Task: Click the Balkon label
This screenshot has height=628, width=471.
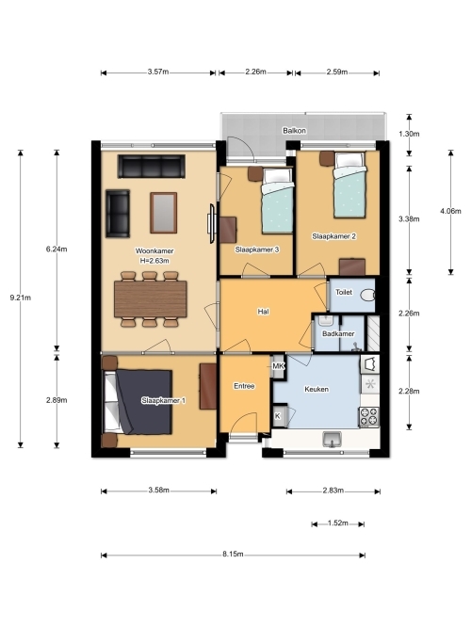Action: (x=294, y=131)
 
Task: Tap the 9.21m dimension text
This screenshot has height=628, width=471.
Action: (x=21, y=298)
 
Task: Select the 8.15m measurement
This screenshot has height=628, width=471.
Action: (x=233, y=555)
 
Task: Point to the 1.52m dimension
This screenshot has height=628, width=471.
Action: (x=337, y=523)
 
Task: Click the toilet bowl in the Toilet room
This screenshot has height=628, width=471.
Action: (x=368, y=296)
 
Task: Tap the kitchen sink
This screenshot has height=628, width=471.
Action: (x=332, y=439)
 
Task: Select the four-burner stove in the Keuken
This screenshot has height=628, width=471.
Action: (x=368, y=416)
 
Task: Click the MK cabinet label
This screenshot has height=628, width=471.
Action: (x=278, y=366)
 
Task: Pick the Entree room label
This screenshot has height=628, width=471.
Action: (x=244, y=386)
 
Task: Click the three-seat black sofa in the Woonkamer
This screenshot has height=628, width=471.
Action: (x=152, y=167)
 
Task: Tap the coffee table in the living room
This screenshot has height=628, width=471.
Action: (x=164, y=213)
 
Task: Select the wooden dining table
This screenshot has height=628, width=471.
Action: (x=151, y=298)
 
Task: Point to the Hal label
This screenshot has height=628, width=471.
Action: (x=264, y=312)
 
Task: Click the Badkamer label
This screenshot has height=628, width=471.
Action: (x=338, y=333)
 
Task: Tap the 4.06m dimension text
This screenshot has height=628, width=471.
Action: (x=450, y=211)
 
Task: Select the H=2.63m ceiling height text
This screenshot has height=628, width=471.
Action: (x=154, y=261)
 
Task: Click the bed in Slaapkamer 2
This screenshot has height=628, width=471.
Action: (x=349, y=185)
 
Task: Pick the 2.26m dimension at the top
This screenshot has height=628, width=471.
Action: (x=255, y=72)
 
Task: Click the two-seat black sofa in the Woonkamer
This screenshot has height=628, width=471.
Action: (x=118, y=214)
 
